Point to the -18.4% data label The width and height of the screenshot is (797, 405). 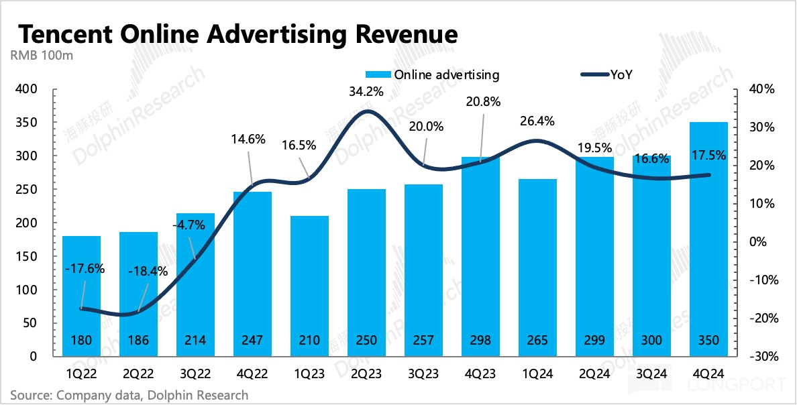pyautogui.click(x=149, y=272)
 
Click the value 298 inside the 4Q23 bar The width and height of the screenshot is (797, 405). pyautogui.click(x=480, y=341)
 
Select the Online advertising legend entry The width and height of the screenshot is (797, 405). pyautogui.click(x=433, y=74)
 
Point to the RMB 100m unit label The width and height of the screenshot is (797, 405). pyautogui.click(x=42, y=55)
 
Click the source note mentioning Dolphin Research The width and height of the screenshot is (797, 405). pyautogui.click(x=129, y=395)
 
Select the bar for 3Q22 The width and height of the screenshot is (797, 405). pyautogui.click(x=195, y=282)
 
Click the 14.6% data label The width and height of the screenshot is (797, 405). pyautogui.click(x=248, y=140)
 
